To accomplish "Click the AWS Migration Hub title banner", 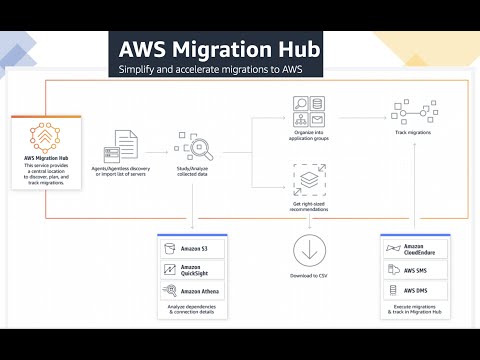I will (217, 48).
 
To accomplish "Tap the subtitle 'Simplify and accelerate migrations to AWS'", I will (217, 70).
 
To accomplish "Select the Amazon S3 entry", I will (192, 248).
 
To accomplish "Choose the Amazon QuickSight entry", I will (192, 270).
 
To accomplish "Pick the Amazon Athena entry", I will (192, 292).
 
